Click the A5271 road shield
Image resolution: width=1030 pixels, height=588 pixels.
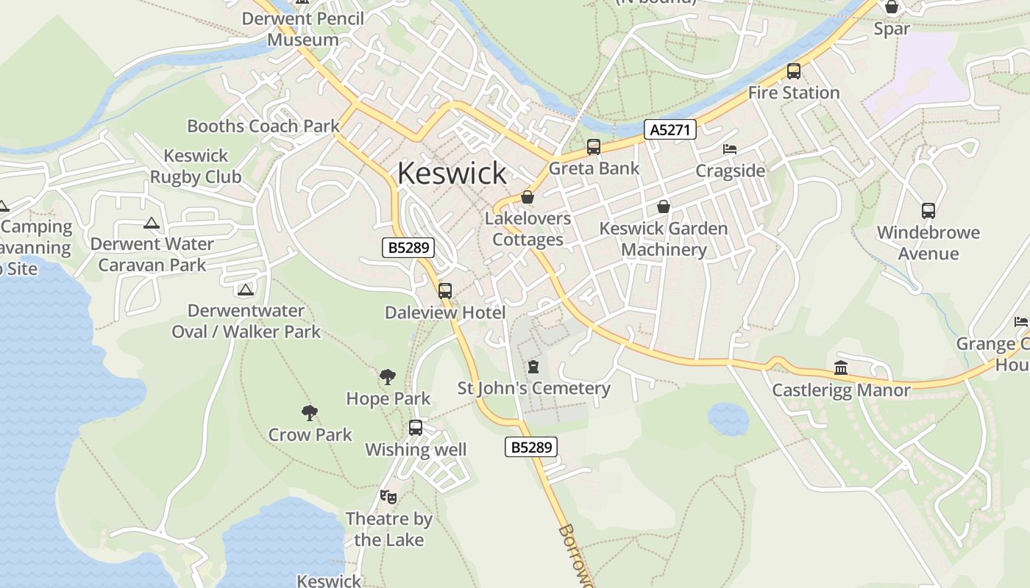coord(669,130)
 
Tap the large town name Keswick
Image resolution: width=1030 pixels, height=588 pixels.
coord(452,173)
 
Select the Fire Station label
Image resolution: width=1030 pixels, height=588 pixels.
coord(794,93)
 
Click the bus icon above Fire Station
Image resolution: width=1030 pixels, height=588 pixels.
coord(794,71)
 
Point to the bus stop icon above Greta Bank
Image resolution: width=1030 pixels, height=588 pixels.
coord(594,147)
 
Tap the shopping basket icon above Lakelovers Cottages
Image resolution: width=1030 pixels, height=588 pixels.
coord(528,197)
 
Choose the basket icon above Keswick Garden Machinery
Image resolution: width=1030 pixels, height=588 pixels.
coord(664,207)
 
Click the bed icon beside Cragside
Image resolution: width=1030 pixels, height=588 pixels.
coord(730,149)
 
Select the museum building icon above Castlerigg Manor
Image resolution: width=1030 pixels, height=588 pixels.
coord(841,367)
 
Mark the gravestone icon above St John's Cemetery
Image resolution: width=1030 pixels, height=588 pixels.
coord(533,366)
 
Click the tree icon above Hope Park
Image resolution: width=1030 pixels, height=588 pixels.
coord(388,377)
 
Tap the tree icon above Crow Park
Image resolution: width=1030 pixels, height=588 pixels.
coord(310,413)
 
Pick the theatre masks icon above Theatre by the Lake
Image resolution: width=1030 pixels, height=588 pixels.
coord(388,497)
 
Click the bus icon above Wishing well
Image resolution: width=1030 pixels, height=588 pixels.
coord(416,428)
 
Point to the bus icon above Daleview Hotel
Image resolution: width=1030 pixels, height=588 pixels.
coord(445,290)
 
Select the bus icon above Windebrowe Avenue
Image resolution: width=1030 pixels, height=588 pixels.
coord(928,211)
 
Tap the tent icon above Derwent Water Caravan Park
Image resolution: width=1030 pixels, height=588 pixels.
coord(152,223)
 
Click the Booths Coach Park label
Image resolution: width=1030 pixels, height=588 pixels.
coord(263,126)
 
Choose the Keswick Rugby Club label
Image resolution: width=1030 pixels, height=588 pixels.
coord(196,166)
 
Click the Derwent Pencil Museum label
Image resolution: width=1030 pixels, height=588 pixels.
coord(303,29)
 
